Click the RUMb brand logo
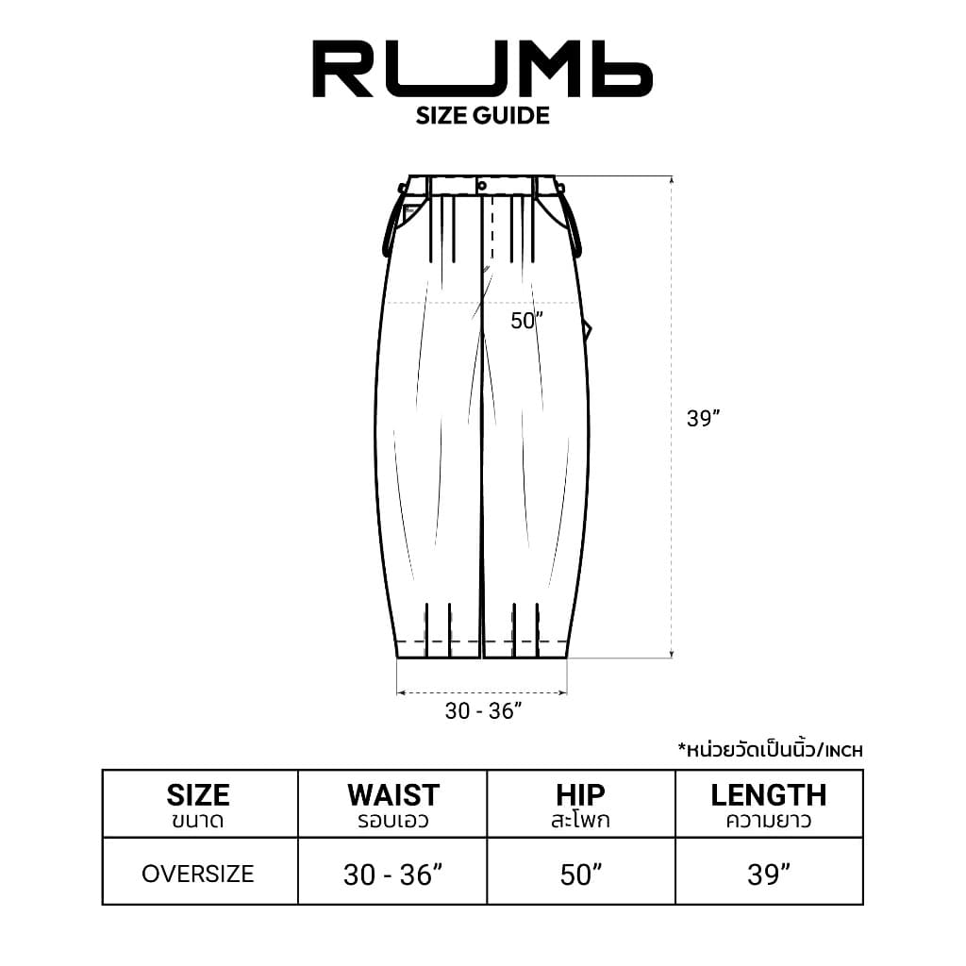coord(482,69)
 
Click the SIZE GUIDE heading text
coord(482,116)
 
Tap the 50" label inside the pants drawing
coord(527,321)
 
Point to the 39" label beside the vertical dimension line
coord(704,420)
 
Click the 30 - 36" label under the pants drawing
coord(483,711)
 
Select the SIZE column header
coord(198,804)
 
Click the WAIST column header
coord(392,804)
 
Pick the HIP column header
coord(580,804)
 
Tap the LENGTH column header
coord(768,804)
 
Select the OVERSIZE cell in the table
coord(198,874)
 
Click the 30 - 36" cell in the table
coord(392,875)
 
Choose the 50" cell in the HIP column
coord(580,875)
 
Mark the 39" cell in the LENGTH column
coord(768,875)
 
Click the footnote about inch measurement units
coord(770,751)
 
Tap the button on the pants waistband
coord(482,186)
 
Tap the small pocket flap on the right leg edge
coord(587,328)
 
